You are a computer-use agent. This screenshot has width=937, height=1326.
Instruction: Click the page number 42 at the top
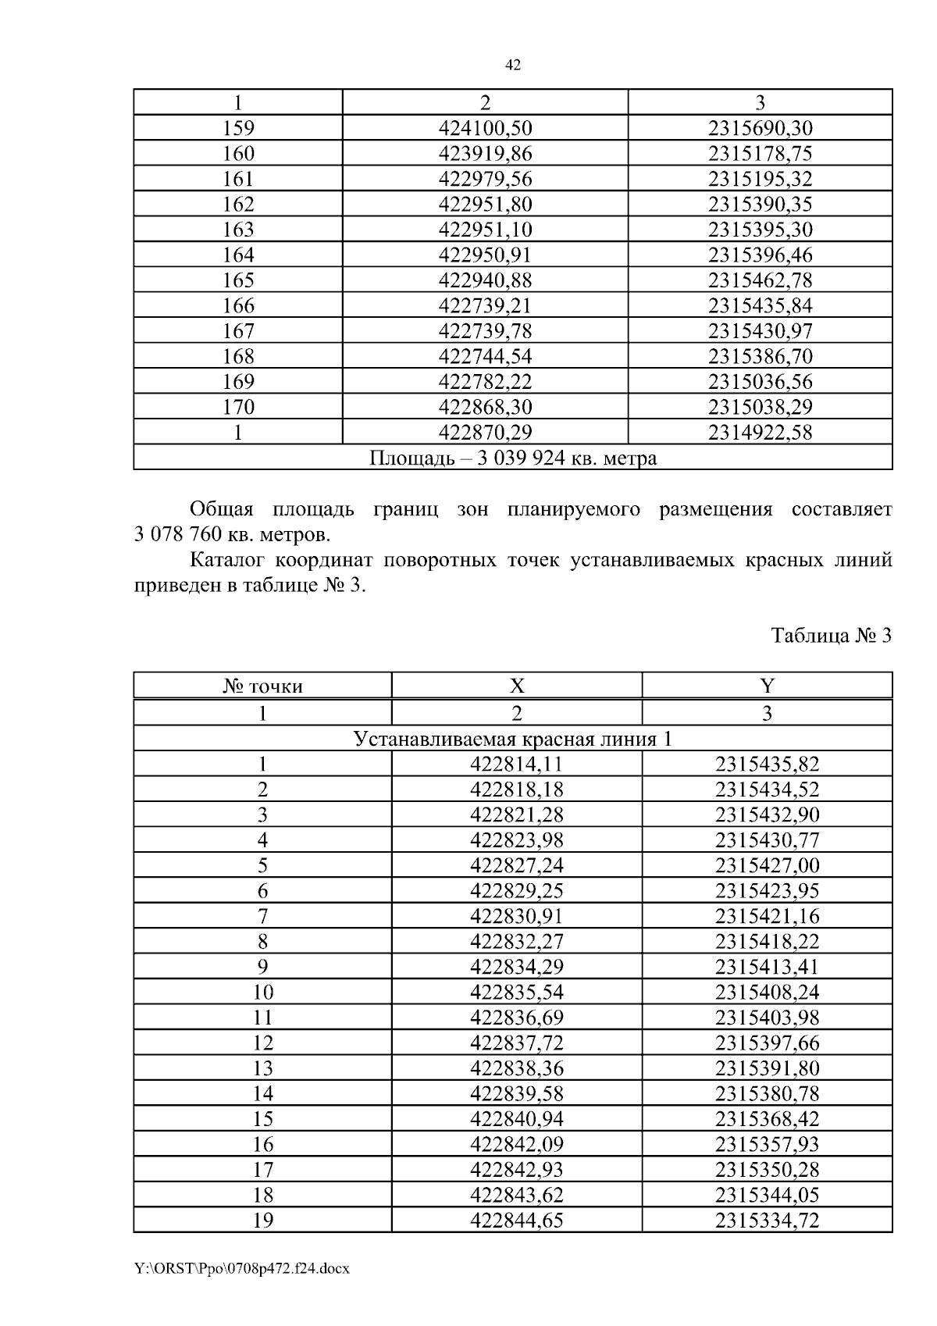[x=513, y=66]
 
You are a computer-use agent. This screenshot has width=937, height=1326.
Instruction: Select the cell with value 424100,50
[x=485, y=128]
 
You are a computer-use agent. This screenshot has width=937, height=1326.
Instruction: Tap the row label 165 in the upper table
[x=238, y=280]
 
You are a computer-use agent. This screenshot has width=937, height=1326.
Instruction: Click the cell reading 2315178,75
[x=760, y=154]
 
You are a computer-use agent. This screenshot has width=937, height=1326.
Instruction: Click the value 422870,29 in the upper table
[x=485, y=432]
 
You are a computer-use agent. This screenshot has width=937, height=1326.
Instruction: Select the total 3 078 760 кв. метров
[x=232, y=536]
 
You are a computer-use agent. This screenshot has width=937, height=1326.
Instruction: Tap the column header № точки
[x=262, y=686]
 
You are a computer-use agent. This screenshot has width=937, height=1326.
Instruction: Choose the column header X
[x=516, y=686]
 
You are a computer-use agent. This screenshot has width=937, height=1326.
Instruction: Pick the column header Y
[x=767, y=686]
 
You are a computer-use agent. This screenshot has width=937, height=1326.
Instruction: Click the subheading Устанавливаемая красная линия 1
[x=513, y=739]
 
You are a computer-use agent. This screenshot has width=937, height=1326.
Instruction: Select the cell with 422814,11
[x=516, y=764]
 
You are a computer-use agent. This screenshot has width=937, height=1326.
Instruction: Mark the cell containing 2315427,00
[x=767, y=865]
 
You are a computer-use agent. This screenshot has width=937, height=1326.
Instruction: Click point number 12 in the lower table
[x=263, y=1043]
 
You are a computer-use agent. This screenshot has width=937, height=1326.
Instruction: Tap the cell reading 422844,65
[x=516, y=1220]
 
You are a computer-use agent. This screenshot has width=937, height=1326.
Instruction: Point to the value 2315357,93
[x=767, y=1144]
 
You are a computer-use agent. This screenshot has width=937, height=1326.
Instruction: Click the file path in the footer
[x=242, y=1268]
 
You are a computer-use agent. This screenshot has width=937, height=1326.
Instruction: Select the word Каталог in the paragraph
[x=226, y=561]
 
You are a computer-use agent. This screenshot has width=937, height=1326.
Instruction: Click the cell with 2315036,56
[x=760, y=382]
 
